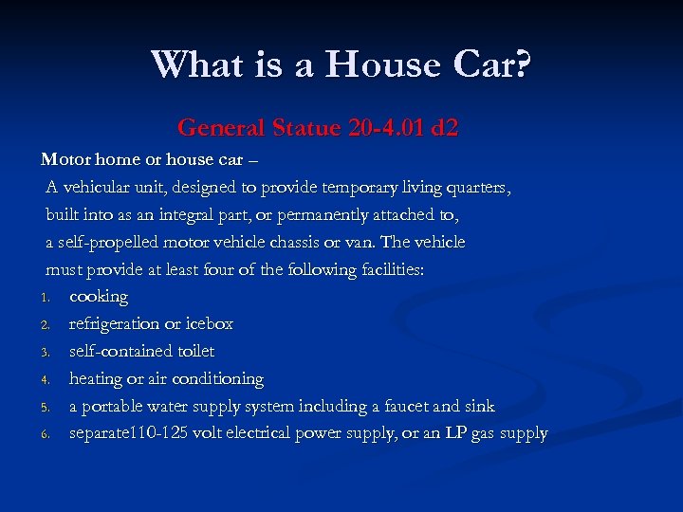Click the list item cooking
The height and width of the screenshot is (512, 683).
tap(98, 297)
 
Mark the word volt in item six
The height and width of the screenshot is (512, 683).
tap(217, 433)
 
